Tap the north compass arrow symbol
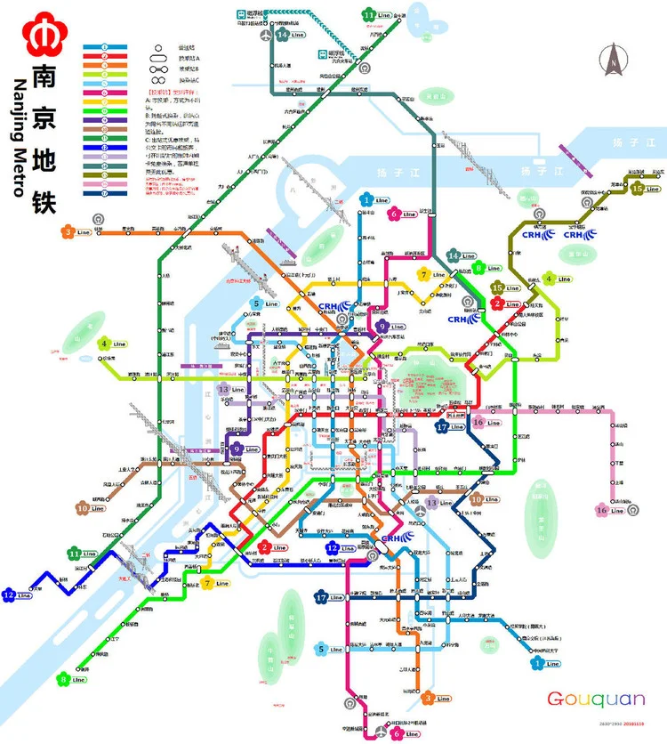click(613, 61)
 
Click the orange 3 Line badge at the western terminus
click(76, 232)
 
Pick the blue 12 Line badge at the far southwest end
click(14, 594)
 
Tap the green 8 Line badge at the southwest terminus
click(69, 679)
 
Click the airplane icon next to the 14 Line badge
click(266, 35)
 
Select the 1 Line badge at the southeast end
click(542, 663)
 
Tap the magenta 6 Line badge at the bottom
click(403, 733)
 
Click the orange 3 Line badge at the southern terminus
click(434, 699)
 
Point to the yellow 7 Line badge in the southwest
click(213, 584)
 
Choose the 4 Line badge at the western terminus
click(110, 344)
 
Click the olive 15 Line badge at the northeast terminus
click(644, 188)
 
